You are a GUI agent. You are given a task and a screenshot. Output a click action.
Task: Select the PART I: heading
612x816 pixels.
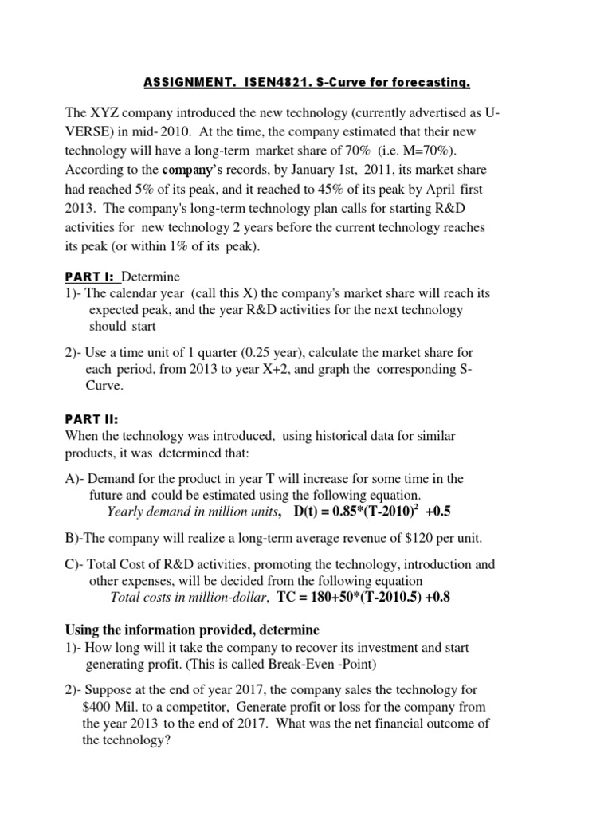(x=89, y=277)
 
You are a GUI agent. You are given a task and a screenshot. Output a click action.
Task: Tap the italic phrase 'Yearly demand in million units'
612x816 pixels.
(x=193, y=511)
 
